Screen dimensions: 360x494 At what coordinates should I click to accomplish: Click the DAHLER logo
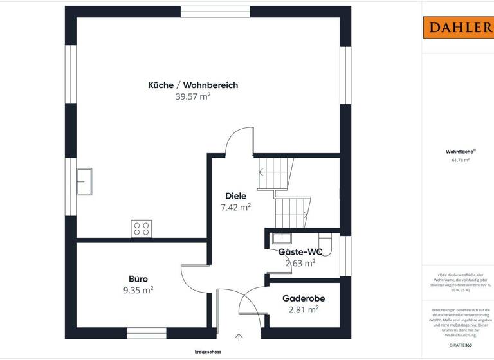[457, 28]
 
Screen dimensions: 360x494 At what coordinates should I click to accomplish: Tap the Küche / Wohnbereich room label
[193, 85]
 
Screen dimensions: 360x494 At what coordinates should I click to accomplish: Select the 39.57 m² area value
[193, 96]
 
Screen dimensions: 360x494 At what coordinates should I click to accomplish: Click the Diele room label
[235, 195]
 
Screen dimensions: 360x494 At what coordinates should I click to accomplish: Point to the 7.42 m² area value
[235, 207]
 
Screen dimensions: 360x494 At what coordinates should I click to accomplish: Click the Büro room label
[138, 278]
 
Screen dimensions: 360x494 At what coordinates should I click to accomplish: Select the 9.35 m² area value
[138, 290]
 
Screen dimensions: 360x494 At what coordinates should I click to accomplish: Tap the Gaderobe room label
[304, 298]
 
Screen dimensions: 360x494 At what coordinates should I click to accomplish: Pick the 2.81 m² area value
[304, 310]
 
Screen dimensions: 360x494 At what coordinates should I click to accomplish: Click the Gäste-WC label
[300, 251]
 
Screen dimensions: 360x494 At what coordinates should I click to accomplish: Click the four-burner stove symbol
[142, 228]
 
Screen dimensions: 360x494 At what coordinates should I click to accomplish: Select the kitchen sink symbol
[84, 181]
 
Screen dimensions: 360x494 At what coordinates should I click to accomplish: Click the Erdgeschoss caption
[208, 352]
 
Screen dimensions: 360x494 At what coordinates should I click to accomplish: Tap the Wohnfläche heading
[457, 152]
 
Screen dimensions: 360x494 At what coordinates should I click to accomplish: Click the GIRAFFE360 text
[461, 345]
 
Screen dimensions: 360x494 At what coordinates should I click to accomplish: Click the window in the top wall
[215, 12]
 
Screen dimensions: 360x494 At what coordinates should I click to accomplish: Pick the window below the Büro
[146, 333]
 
